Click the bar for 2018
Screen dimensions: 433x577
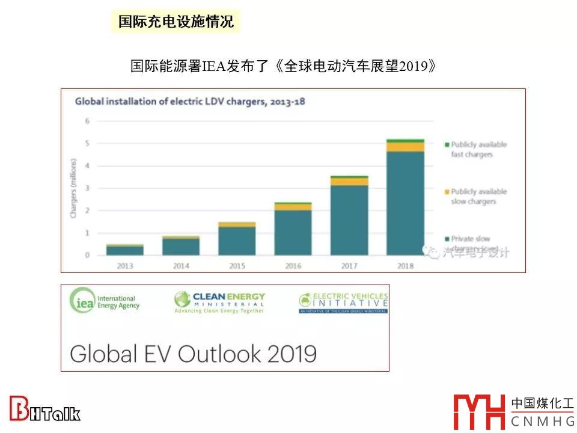[405, 198]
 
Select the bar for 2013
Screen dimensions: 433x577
[125, 250]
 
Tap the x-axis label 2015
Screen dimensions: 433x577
[237, 265]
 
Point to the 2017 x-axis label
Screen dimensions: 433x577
[349, 265]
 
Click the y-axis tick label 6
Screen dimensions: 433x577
[87, 121]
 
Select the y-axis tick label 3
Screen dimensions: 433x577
[87, 188]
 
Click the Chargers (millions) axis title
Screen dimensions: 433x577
[73, 188]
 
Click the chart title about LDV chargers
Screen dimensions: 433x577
[189, 102]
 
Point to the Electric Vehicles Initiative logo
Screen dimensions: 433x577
[343, 302]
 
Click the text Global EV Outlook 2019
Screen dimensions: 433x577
[193, 353]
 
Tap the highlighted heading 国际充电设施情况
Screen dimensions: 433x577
[176, 22]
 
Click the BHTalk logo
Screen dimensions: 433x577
[44, 410]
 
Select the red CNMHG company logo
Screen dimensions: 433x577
[480, 412]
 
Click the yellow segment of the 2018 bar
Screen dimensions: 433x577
[405, 147]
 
